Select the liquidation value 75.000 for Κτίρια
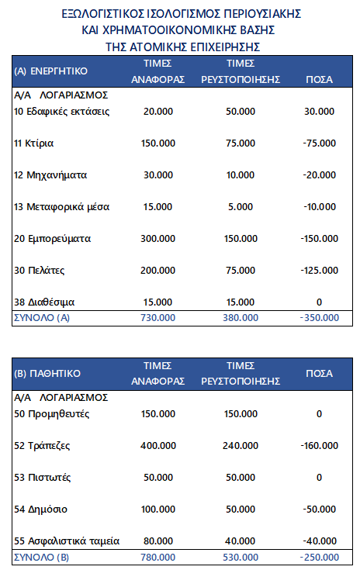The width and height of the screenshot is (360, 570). (x=241, y=143)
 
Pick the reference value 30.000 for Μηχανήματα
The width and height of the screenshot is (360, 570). (x=159, y=175)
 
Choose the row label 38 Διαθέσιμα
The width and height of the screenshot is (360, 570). (x=46, y=301)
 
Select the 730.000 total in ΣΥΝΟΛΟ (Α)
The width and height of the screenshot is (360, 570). (x=159, y=316)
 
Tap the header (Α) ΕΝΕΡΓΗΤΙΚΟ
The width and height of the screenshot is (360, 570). (x=51, y=71)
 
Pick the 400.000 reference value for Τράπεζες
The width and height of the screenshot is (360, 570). (x=159, y=446)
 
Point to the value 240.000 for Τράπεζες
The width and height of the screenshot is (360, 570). (x=241, y=446)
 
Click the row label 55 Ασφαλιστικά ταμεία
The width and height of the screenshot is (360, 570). (x=67, y=541)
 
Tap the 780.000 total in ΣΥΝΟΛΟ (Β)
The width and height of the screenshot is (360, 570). (x=159, y=557)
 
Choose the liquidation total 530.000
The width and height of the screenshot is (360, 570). (x=241, y=557)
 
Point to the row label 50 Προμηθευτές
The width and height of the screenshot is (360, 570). (x=52, y=414)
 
